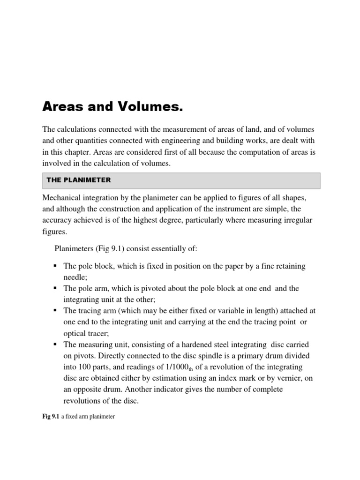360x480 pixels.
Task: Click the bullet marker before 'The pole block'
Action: click(x=55, y=266)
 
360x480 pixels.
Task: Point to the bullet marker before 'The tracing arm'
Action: click(x=55, y=311)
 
